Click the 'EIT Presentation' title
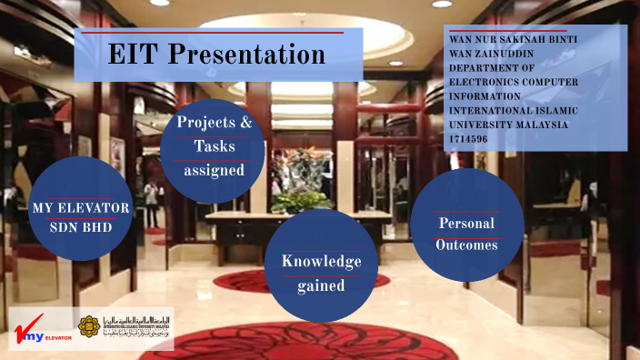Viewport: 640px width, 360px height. (216, 55)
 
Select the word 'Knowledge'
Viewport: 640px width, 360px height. (321, 262)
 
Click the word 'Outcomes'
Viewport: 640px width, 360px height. (467, 245)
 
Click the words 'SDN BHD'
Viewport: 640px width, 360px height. (80, 227)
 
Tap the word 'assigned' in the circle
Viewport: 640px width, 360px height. (214, 170)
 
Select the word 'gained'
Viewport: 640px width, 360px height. (321, 285)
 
